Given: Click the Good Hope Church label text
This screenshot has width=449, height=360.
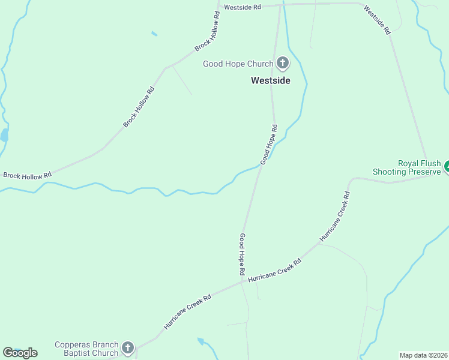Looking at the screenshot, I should tap(238, 63).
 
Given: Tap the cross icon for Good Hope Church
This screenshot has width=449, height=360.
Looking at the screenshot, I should tap(283, 63).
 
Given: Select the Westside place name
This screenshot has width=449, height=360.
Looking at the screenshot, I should tap(270, 80).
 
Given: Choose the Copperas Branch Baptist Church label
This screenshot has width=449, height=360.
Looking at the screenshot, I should tap(87, 348).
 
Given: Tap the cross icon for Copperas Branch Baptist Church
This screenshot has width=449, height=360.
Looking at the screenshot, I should tap(127, 347).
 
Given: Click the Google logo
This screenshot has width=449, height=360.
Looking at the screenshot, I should tap(20, 353).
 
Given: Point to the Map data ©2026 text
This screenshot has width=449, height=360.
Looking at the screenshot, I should tap(423, 355).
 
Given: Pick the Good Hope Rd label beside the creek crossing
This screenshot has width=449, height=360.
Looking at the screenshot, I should tap(268, 145).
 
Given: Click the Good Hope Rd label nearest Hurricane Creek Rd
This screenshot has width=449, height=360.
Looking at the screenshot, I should tap(242, 254).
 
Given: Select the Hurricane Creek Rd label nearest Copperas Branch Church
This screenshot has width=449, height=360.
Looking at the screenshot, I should tap(188, 312).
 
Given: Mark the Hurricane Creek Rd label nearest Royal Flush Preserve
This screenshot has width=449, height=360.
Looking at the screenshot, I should tap(334, 217).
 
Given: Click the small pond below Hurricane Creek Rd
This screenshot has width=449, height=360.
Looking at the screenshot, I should tap(201, 342).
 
